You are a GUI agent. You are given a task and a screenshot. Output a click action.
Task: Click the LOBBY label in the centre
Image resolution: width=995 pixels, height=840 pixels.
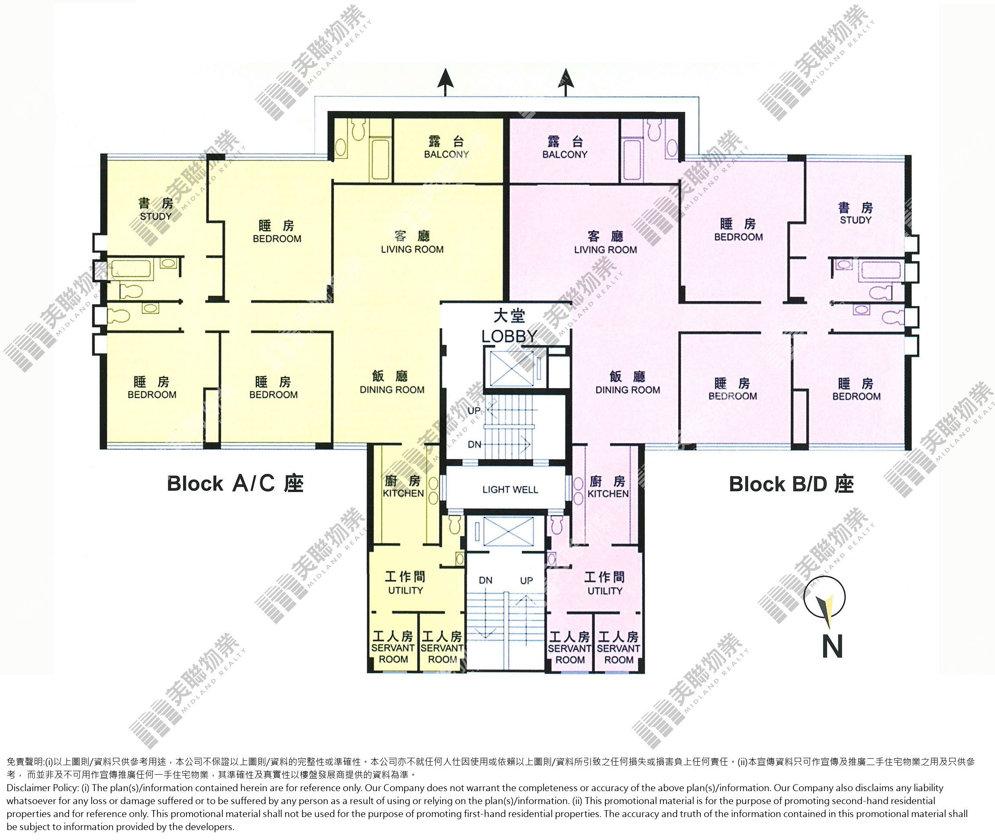pyautogui.click(x=509, y=336)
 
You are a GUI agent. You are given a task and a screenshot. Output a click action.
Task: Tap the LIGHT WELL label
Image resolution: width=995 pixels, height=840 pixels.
pyautogui.click(x=510, y=489)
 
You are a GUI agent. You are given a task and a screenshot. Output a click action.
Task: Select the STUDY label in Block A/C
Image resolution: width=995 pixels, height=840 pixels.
pyautogui.click(x=156, y=216)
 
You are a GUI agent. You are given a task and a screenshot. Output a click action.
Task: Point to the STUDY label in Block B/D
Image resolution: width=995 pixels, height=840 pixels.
pyautogui.click(x=856, y=220)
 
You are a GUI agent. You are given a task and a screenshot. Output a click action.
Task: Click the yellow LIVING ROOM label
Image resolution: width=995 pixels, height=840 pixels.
pyautogui.click(x=412, y=249)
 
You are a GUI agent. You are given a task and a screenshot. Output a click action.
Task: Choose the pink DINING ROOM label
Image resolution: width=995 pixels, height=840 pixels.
pyautogui.click(x=628, y=389)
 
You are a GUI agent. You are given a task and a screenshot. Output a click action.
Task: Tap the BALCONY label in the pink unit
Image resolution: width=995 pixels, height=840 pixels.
pyautogui.click(x=565, y=154)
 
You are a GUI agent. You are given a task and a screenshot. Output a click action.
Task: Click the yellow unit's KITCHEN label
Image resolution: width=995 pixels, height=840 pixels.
pyautogui.click(x=403, y=493)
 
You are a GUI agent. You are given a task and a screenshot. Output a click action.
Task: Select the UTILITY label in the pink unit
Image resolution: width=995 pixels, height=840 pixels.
pyautogui.click(x=605, y=591)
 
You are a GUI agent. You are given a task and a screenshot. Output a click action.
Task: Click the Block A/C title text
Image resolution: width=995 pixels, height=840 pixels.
pyautogui.click(x=235, y=483)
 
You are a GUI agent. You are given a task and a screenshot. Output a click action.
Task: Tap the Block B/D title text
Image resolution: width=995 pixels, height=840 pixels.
pyautogui.click(x=791, y=484)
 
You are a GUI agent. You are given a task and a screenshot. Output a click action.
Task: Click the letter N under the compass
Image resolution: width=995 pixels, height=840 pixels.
pyautogui.click(x=832, y=646)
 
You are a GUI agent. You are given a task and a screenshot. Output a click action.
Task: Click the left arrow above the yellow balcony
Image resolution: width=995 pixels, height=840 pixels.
pyautogui.click(x=445, y=82)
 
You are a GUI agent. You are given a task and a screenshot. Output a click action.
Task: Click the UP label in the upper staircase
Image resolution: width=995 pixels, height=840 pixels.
pyautogui.click(x=474, y=410)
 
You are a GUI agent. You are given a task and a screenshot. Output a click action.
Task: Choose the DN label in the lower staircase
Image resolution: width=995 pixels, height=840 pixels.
pyautogui.click(x=485, y=580)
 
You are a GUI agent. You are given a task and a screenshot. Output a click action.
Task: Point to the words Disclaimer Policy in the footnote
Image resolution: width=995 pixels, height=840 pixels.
pyautogui.click(x=43, y=788)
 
